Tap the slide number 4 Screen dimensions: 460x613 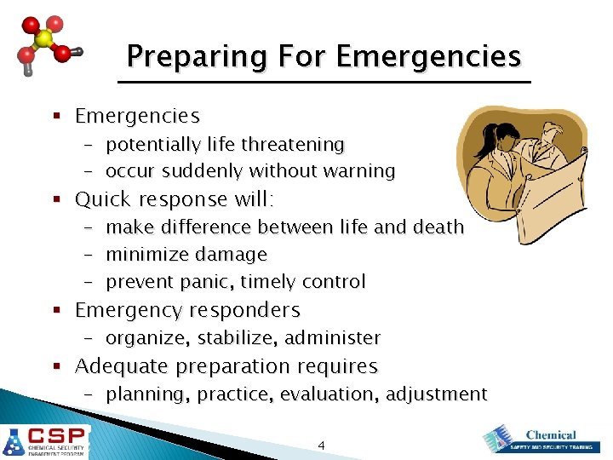pyautogui.click(x=321, y=445)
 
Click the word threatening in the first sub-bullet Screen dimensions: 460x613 pyautogui.click(x=293, y=145)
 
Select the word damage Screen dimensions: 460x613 pyautogui.click(x=231, y=255)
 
